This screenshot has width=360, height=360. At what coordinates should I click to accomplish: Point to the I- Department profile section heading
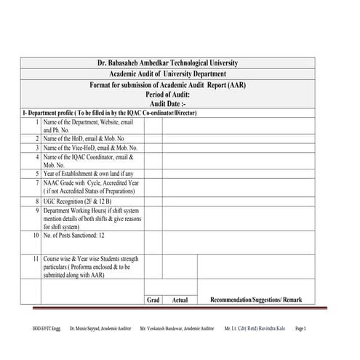(110, 113)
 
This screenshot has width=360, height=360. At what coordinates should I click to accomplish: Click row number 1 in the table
(36, 122)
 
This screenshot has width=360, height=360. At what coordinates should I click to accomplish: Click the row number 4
(36, 156)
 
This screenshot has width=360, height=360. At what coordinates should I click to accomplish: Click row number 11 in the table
(35, 259)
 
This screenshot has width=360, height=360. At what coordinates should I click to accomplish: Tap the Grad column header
(153, 300)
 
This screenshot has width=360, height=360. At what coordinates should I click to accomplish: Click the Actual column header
(180, 300)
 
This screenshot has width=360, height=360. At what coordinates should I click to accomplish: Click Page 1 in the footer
(321, 329)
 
